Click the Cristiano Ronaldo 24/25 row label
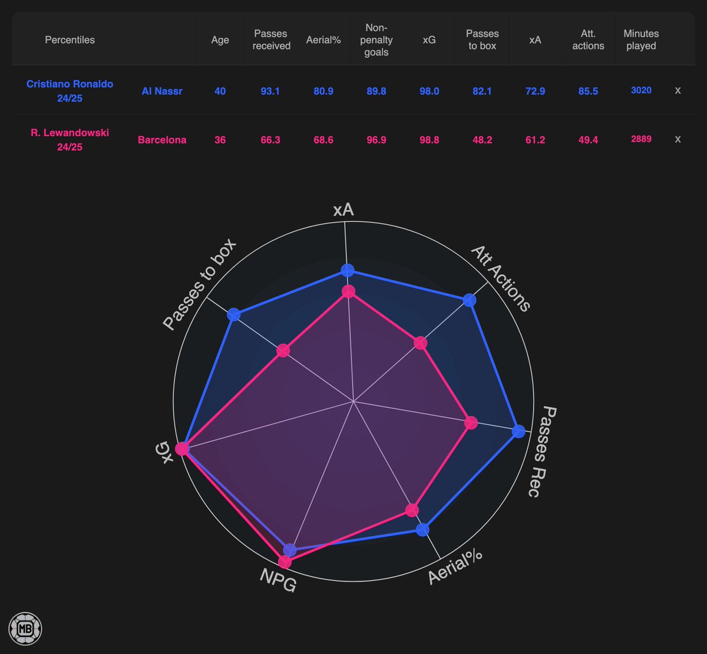click(70, 91)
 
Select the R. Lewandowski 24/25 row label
click(70, 140)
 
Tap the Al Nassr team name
click(162, 91)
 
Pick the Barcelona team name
click(162, 140)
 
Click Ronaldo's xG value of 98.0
click(430, 91)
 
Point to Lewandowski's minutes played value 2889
click(641, 140)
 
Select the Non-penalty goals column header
click(376, 40)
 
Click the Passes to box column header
click(482, 39)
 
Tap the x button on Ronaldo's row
click(678, 91)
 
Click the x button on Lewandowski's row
click(678, 140)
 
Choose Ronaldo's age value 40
click(220, 91)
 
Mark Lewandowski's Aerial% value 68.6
click(323, 140)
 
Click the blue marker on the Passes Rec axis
click(518, 431)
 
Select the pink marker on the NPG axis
click(285, 561)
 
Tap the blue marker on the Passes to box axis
click(234, 314)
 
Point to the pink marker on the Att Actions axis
click(420, 343)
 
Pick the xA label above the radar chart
click(343, 210)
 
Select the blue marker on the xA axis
click(347, 271)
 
